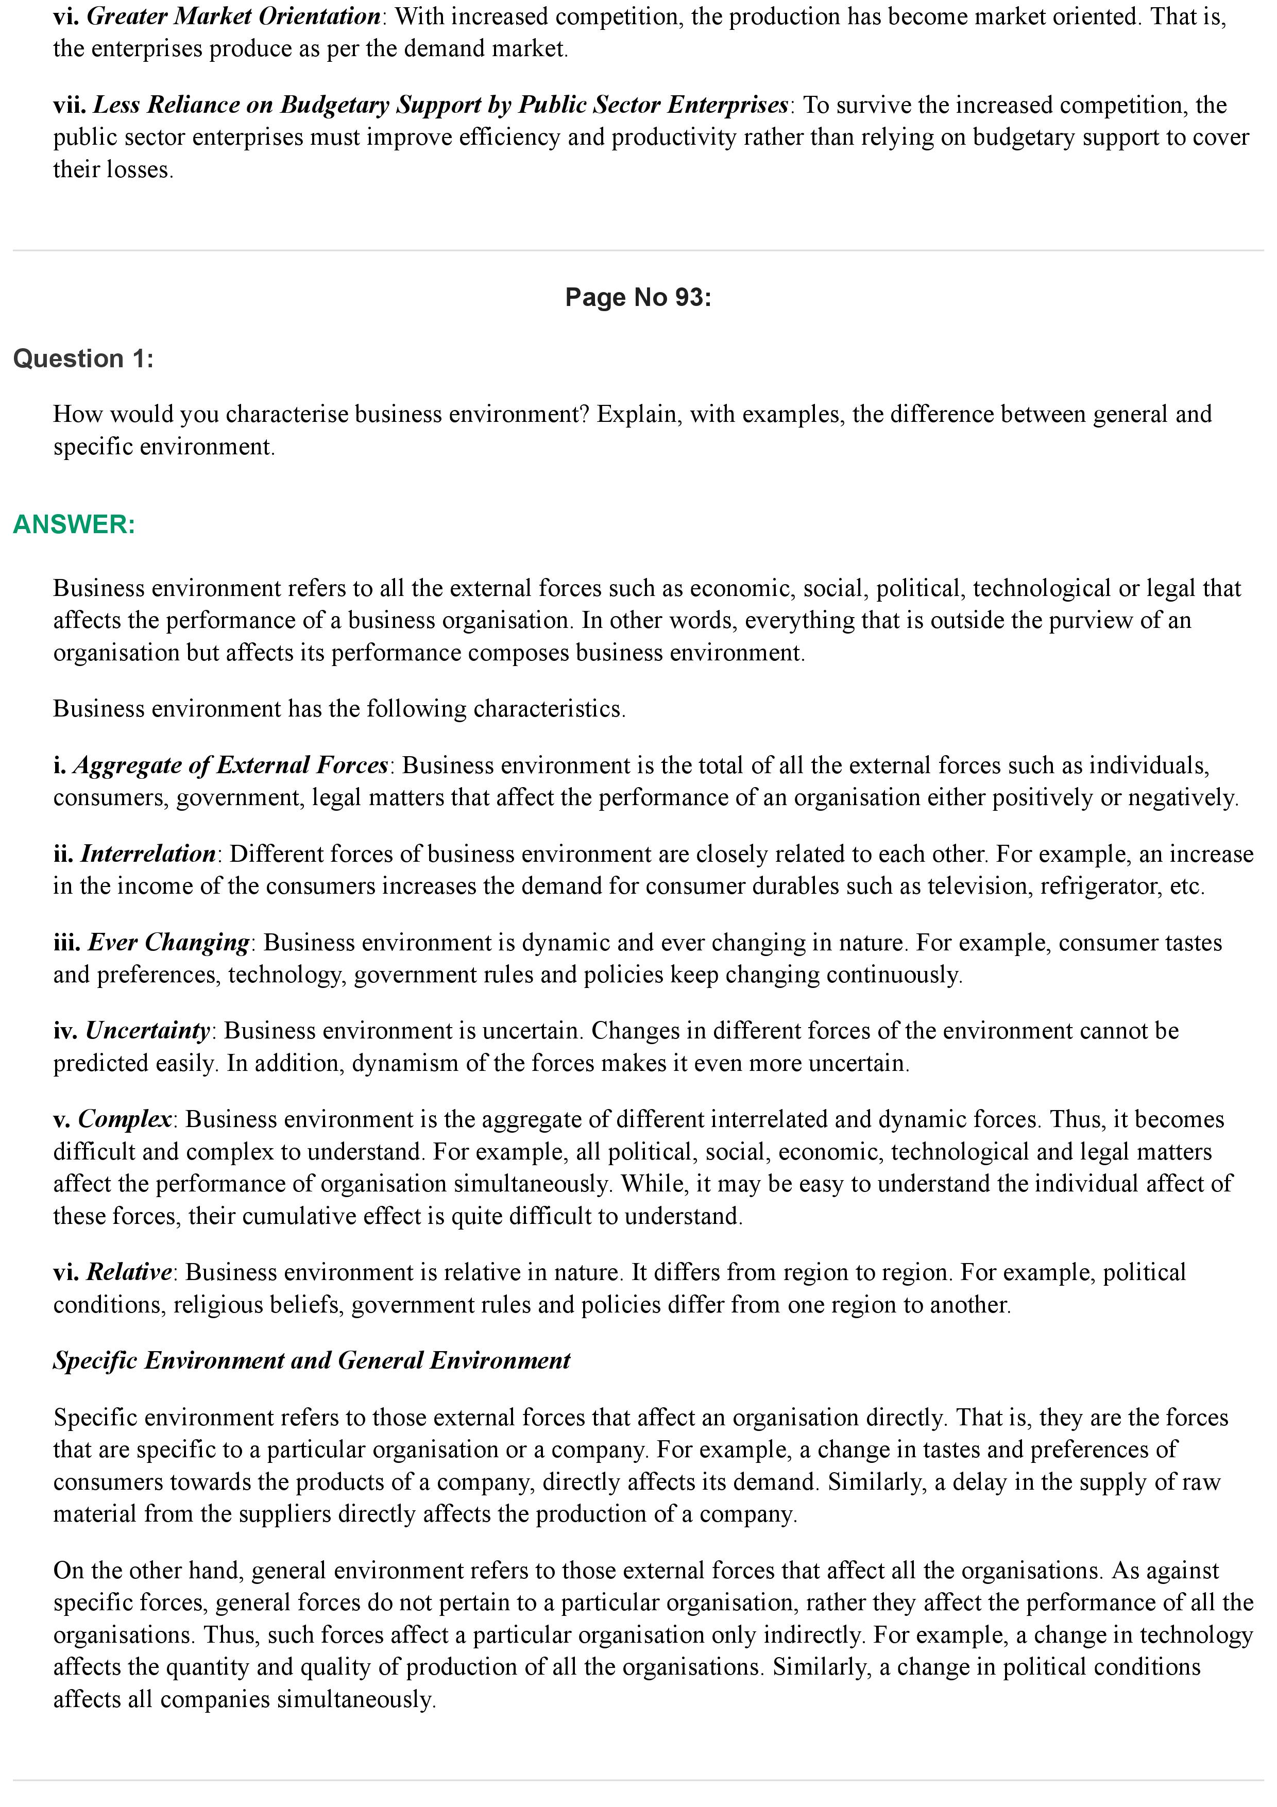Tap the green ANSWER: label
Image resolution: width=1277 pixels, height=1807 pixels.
click(x=74, y=524)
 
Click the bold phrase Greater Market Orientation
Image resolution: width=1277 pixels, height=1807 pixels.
click(x=234, y=16)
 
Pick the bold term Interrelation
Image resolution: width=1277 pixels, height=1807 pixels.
click(x=148, y=854)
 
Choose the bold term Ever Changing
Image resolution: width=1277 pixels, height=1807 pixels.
click(x=168, y=942)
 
